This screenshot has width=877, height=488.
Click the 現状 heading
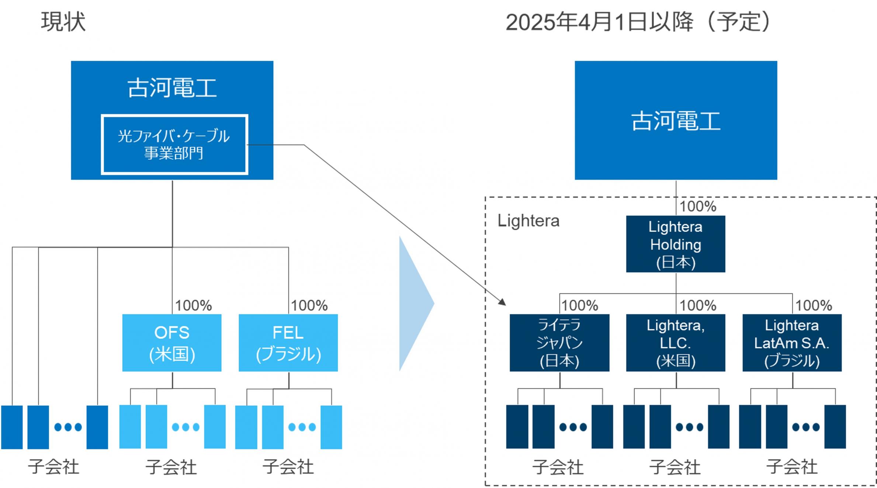[x=63, y=22]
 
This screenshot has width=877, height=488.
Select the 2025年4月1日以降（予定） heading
[x=638, y=22]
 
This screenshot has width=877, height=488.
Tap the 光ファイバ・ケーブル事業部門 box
[x=174, y=145]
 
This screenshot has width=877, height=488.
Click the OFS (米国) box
[x=172, y=343]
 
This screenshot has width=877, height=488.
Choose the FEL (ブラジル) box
[x=288, y=343]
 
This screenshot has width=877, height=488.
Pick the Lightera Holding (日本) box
[x=676, y=244]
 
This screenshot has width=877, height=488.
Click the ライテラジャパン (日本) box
[x=559, y=343]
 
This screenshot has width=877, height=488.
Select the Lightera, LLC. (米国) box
[x=676, y=343]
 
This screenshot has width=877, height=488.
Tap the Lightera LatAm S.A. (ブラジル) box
[x=792, y=343]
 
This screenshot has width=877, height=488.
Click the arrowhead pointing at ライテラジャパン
[x=503, y=302]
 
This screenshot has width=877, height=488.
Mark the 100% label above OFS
[x=193, y=305]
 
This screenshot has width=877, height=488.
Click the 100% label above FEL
[x=309, y=305]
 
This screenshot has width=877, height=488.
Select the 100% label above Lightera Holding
[x=698, y=206]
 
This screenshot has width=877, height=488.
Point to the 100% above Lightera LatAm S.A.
[x=814, y=305]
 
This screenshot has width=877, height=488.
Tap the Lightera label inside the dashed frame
[x=528, y=221]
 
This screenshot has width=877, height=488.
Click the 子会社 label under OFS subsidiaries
[x=171, y=467]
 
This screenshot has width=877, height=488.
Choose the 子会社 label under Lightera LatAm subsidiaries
[x=792, y=467]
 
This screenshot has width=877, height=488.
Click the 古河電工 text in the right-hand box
[x=676, y=121]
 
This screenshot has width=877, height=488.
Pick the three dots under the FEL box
[x=302, y=427]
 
